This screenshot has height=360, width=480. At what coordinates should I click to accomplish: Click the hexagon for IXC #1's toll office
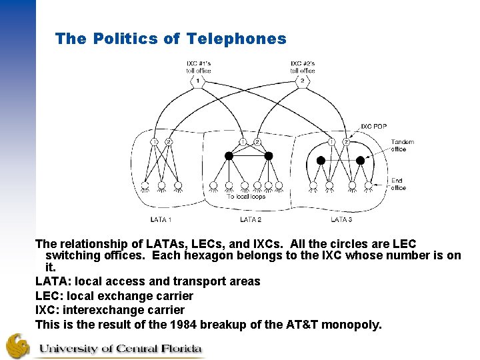(x=197, y=81)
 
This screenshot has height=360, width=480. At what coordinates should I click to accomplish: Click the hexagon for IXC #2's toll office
(x=302, y=81)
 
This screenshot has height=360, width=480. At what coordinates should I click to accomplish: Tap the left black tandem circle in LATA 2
(x=229, y=156)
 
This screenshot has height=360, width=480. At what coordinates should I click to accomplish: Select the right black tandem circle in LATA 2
(x=269, y=156)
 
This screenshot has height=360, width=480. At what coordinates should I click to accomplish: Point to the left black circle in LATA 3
(x=321, y=160)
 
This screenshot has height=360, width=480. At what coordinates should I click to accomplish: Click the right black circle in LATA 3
(x=361, y=160)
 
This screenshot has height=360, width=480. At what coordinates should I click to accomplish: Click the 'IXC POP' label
(x=373, y=127)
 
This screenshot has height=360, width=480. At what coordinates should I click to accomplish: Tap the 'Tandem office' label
(x=402, y=145)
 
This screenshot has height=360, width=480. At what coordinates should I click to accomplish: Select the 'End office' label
(x=398, y=184)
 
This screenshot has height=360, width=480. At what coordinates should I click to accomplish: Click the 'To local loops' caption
(x=246, y=197)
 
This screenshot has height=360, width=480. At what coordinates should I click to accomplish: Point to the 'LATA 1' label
(x=161, y=219)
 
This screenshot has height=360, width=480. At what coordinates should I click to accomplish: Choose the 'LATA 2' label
(x=251, y=219)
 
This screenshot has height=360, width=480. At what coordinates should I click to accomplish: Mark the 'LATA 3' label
(x=341, y=219)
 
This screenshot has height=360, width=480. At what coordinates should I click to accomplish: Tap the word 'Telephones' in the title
(x=237, y=39)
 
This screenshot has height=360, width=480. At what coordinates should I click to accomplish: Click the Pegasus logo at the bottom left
(x=18, y=345)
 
